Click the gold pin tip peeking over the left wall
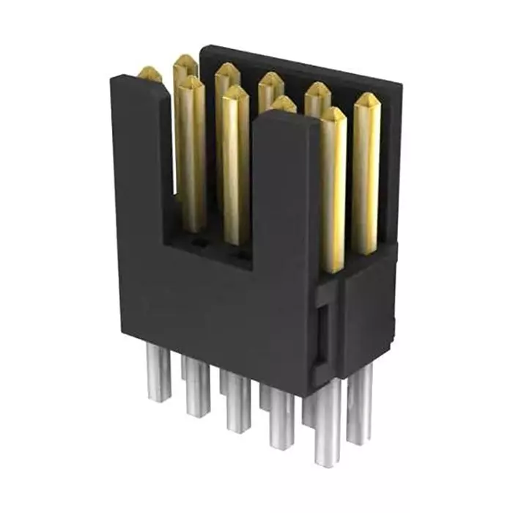[x=150, y=73]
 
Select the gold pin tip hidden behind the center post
[x=282, y=104]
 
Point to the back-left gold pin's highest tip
[x=185, y=63]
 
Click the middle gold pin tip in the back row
[x=270, y=82]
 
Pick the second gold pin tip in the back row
[x=227, y=73]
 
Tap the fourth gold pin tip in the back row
[x=317, y=91]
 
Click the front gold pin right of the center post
[x=333, y=117]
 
